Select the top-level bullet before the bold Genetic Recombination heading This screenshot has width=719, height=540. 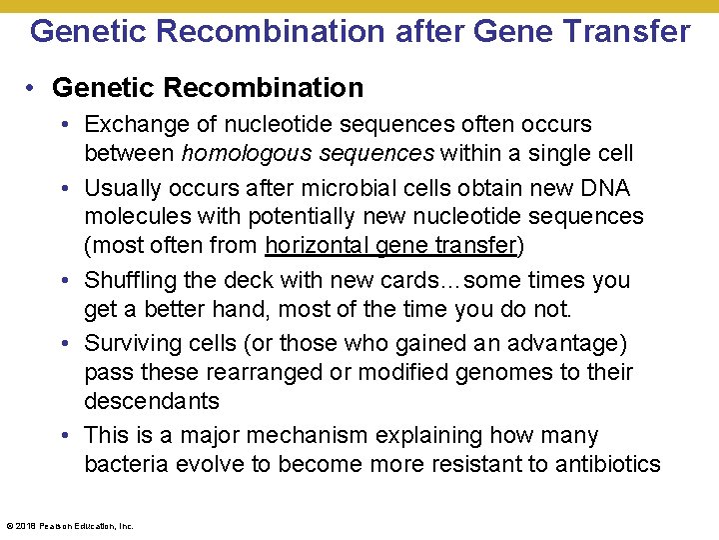(33, 88)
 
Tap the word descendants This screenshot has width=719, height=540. (152, 400)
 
